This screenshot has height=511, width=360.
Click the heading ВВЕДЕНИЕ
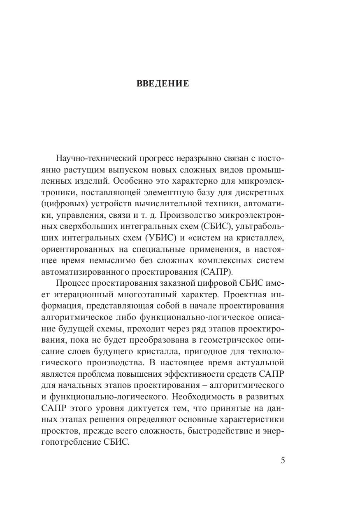pos(163,84)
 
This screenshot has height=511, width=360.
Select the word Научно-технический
pos(86,159)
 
